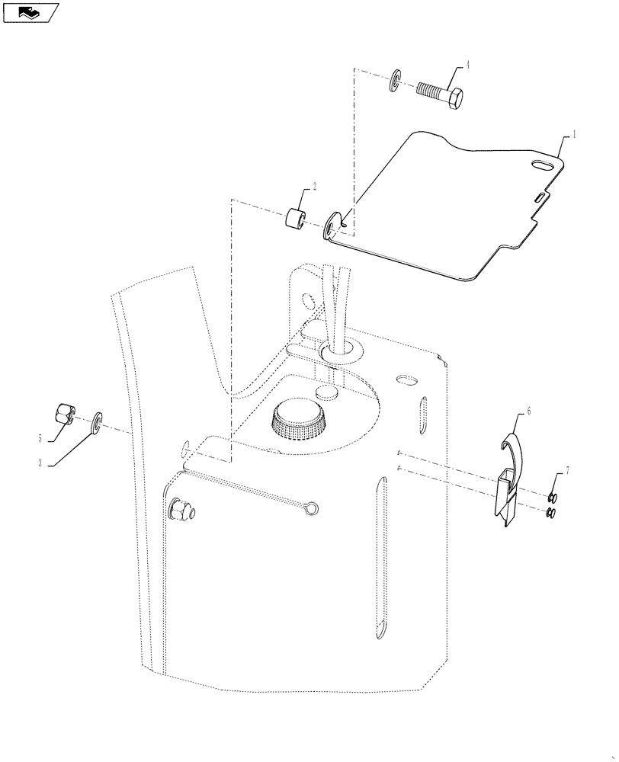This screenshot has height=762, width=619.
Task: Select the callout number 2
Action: pos(314,187)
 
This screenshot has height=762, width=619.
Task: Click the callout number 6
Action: pos(529,411)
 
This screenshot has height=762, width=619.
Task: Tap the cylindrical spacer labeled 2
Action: pos(296,216)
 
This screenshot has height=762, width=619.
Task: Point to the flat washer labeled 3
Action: pos(98,421)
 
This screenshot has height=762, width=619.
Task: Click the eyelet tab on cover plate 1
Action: pos(333,226)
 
